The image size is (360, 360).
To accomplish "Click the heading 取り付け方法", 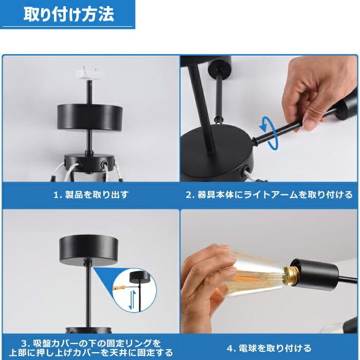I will click(68, 14).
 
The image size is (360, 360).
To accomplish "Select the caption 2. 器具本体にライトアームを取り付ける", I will click(269, 195).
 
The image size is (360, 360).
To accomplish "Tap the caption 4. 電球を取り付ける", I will click(269, 348).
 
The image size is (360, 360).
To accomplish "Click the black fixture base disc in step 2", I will click(216, 154).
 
